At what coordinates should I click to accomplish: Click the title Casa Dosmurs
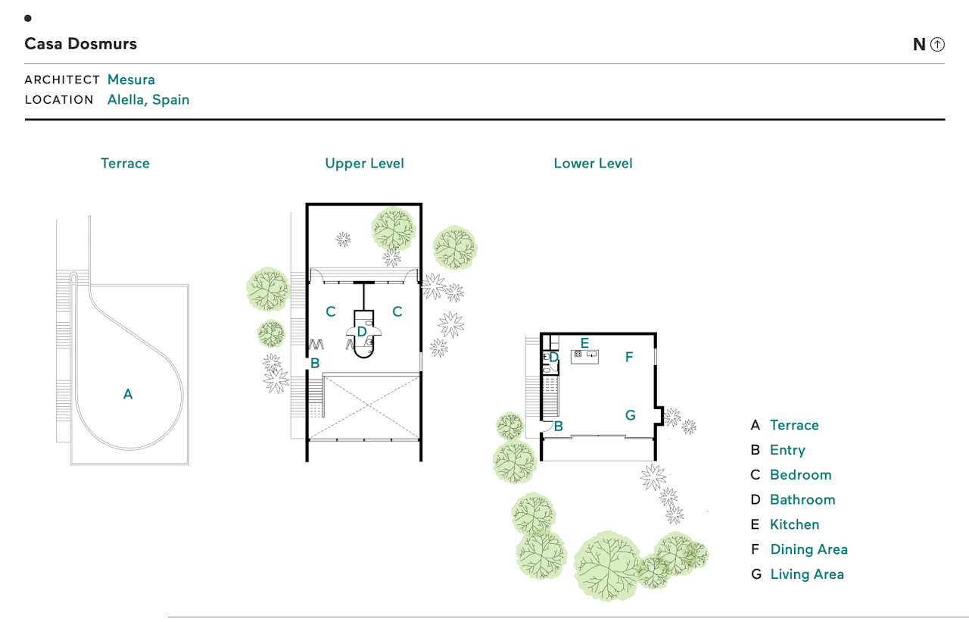click(x=80, y=44)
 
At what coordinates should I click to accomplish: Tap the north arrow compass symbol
click(x=937, y=44)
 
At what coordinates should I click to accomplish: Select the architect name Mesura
click(x=131, y=80)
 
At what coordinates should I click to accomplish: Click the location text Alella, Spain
click(x=148, y=100)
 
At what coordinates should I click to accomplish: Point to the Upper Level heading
click(x=364, y=163)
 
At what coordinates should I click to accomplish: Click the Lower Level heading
click(x=593, y=163)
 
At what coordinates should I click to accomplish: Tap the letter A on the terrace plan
click(x=128, y=394)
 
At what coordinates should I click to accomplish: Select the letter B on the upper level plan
click(x=315, y=363)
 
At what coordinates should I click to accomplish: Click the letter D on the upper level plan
click(x=362, y=332)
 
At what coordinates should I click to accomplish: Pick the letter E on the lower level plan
click(x=584, y=343)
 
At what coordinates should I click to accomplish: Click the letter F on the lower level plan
click(x=629, y=357)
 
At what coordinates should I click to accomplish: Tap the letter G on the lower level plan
click(x=631, y=415)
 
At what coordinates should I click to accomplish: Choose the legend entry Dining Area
click(x=809, y=549)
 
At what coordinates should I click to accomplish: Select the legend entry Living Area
click(x=807, y=574)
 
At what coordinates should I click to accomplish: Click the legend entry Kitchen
click(x=795, y=524)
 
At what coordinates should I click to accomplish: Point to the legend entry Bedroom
click(x=801, y=475)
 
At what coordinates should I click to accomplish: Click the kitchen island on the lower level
click(x=584, y=357)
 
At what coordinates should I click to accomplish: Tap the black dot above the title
click(x=28, y=18)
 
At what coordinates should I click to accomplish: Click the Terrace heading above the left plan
click(x=125, y=163)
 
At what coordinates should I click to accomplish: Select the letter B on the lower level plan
click(x=559, y=427)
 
